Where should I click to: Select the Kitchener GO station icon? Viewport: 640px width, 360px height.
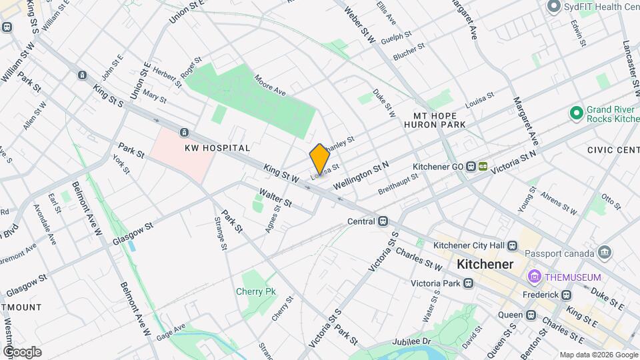tap(470, 166)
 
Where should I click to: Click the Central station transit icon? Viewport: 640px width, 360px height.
tap(383, 221)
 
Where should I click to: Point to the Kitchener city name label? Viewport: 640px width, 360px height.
tap(485, 264)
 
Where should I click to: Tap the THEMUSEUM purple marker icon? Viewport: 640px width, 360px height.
tap(534, 277)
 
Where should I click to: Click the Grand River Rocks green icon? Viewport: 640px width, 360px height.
tap(575, 114)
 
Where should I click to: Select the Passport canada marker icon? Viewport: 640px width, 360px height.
tap(605, 253)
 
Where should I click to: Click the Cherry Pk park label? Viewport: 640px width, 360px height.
tap(255, 291)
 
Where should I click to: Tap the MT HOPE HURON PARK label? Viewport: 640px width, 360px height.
tap(438, 120)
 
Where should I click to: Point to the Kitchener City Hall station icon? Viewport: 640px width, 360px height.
tap(512, 245)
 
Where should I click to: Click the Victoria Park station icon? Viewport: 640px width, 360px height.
tap(469, 283)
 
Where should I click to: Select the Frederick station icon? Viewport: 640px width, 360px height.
tap(566, 295)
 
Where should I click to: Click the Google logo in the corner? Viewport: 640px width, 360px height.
tap(22, 352)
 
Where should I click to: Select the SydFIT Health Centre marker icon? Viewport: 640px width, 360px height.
tap(553, 7)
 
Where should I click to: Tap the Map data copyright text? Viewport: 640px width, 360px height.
tap(598, 355)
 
